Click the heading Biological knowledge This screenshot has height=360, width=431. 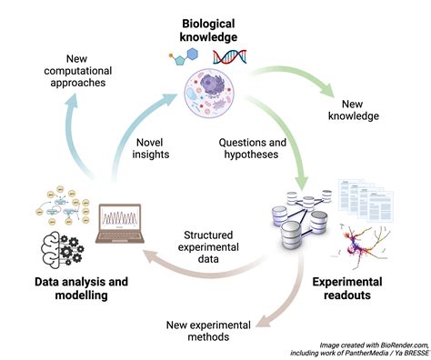208,30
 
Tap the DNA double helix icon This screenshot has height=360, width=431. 229,56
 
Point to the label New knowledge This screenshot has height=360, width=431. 354,110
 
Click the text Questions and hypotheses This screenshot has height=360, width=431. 252,148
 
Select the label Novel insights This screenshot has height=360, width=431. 151,148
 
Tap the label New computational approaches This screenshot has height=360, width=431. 78,71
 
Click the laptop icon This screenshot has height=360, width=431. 120,224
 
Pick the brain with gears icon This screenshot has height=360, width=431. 62,248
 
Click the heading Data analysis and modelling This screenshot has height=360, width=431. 81,288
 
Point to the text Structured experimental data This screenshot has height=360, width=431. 208,247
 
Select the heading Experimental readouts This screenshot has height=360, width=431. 347,288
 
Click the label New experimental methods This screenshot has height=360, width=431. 208,331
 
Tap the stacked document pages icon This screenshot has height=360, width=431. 366,200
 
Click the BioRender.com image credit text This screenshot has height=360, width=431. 360,349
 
